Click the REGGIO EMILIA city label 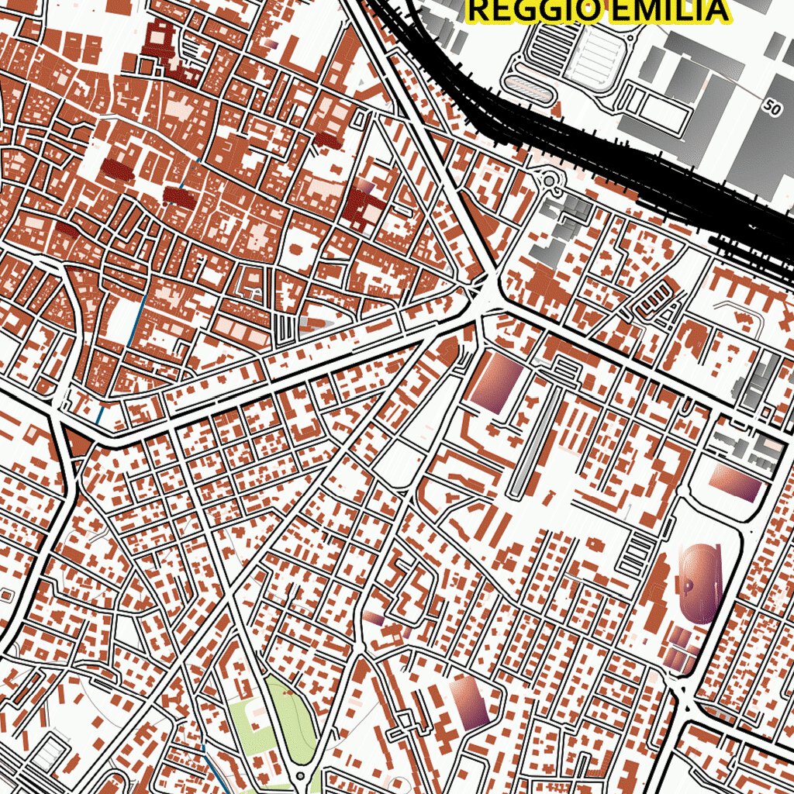(x=598, y=11)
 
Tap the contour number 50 (x=772, y=109)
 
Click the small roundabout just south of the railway (x=550, y=181)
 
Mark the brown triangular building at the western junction (x=76, y=442)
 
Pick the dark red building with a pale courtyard (x=363, y=203)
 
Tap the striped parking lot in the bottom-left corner (x=47, y=752)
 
